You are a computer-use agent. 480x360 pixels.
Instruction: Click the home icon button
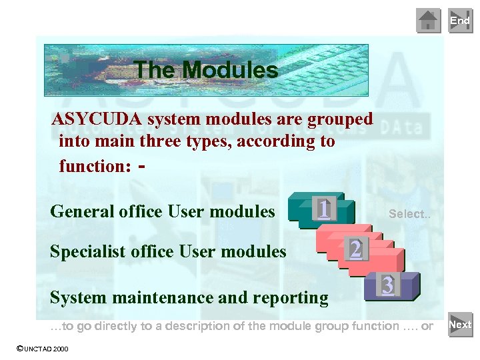coord(429,21)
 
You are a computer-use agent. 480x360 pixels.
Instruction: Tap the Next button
coord(460,325)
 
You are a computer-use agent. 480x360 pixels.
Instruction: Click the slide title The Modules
coord(205,70)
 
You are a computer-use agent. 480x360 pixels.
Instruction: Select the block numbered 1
coord(323,209)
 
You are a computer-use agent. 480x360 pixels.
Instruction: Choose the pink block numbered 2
coord(356,249)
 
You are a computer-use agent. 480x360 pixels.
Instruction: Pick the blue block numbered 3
coord(387,286)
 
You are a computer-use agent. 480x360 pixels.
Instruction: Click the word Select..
coord(406,214)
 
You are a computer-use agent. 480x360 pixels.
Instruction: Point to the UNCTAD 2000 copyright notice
coord(42,349)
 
